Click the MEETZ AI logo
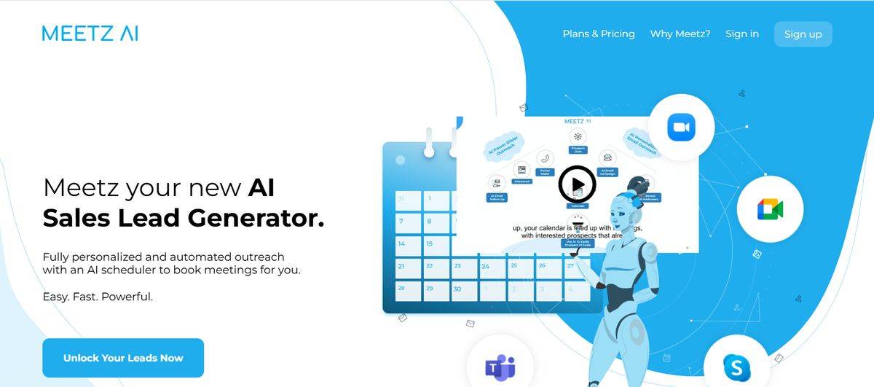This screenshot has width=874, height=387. pos(90,34)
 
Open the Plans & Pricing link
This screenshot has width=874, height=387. pos(598,34)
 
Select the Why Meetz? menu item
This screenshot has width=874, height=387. pos(680,34)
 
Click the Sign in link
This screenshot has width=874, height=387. pos(741,34)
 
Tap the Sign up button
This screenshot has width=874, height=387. pos(803,34)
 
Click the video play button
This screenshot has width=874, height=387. pos(577,184)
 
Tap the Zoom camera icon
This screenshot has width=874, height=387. pos(681,128)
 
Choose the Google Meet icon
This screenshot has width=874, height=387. pos(769,210)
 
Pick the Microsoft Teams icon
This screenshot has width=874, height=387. pos(500,367)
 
